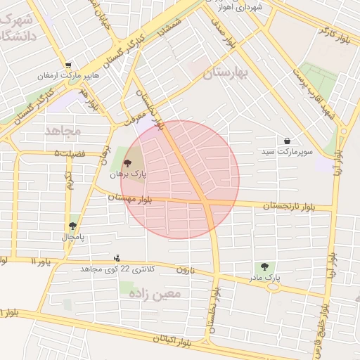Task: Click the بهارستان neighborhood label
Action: coord(226,73)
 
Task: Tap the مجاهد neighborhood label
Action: coord(63,131)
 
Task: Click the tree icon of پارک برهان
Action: coord(127,162)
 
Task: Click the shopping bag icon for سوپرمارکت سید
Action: coord(288,141)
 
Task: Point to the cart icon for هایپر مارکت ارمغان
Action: coord(67,65)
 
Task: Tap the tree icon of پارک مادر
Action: coord(264,266)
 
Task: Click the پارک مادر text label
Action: coord(264,278)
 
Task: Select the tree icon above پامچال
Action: coord(72,226)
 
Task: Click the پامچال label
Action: coord(72,237)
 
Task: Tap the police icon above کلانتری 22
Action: coord(117,258)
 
